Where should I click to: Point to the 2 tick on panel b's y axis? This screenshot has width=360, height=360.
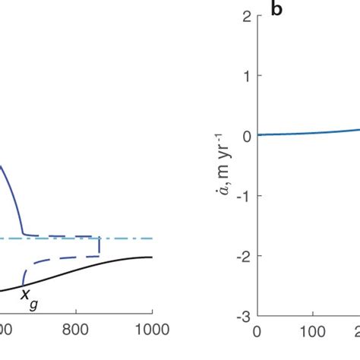point(244,16)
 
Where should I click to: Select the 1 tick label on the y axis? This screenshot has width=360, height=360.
point(244,76)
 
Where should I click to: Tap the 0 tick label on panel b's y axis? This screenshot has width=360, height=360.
point(244,136)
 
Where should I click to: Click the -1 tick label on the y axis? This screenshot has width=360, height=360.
point(241,195)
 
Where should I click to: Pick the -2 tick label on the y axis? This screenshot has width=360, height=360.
point(241,255)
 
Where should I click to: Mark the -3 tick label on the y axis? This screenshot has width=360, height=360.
point(241,315)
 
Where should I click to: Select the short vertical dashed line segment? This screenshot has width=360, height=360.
point(99,247)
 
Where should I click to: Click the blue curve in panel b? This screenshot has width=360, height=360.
point(304,133)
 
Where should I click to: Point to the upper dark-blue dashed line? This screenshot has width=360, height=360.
point(68,236)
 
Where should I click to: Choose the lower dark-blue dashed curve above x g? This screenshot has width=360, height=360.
point(61,260)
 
